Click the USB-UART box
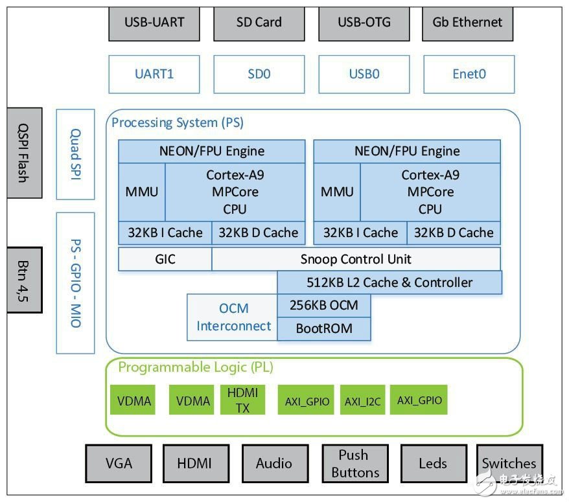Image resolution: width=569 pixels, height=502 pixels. click(154, 23)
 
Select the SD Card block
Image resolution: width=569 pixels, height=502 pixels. click(259, 23)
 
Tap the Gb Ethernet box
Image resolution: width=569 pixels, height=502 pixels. click(467, 23)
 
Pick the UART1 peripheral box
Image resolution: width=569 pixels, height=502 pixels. click(154, 74)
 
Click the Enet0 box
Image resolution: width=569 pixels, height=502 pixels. click(469, 74)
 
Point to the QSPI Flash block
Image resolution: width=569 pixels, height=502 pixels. click(24, 153)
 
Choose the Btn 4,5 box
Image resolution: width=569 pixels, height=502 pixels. click(24, 280)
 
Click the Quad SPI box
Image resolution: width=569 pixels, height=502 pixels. click(75, 154)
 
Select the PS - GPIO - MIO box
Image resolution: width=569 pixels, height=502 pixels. click(75, 283)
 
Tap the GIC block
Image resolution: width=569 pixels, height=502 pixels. click(165, 259)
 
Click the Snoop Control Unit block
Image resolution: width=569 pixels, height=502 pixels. click(356, 259)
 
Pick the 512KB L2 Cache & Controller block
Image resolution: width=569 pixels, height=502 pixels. click(389, 282)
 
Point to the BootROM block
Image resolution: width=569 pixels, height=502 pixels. click(324, 328)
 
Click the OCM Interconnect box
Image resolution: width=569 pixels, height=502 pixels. click(232, 317)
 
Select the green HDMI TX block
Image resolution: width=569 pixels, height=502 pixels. click(243, 400)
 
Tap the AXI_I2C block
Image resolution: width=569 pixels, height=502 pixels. click(362, 402)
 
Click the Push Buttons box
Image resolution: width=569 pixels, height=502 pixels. click(355, 463)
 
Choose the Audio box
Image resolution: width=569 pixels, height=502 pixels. click(273, 463)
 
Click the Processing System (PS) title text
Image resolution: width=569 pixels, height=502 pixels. click(178, 122)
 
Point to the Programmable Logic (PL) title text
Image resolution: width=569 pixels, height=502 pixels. click(196, 367)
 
